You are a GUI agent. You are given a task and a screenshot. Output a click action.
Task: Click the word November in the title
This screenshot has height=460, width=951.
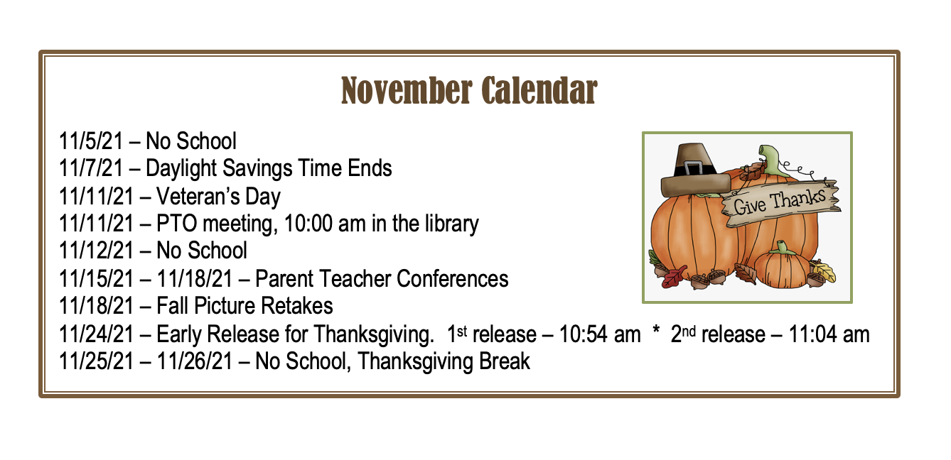pos(407,90)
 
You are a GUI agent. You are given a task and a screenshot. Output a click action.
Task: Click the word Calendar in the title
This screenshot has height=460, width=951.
pos(539,90)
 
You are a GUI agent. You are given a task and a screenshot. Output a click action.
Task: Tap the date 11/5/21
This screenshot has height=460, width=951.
pos(91,141)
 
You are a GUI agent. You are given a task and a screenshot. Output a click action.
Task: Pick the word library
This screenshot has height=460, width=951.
pos(452,224)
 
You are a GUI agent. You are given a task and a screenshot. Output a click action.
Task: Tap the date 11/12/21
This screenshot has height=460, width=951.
pos(97,251)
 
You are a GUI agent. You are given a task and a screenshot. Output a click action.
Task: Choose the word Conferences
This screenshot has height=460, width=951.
pos(453,279)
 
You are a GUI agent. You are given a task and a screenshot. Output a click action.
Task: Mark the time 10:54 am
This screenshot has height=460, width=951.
pos(600,334)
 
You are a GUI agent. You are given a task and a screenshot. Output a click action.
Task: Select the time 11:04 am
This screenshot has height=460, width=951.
pos(829,334)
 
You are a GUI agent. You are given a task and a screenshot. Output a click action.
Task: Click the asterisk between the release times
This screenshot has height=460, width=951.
pos(656,330)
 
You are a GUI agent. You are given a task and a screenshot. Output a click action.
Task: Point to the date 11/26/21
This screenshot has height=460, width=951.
pos(195,361)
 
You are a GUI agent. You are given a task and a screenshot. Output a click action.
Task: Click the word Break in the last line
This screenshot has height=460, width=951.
pos(505,361)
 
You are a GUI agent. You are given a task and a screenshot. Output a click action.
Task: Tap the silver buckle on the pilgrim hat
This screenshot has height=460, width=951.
pos(693,168)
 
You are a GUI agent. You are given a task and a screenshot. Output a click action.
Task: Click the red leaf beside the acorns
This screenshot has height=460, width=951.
pos(675,276)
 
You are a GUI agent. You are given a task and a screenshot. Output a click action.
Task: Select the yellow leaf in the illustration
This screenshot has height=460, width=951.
pos(823,271)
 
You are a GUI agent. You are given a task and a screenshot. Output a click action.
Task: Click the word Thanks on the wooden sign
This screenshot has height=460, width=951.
pos(797,199)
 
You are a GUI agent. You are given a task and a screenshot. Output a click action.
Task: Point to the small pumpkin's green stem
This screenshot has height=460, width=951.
pos(781,248)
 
